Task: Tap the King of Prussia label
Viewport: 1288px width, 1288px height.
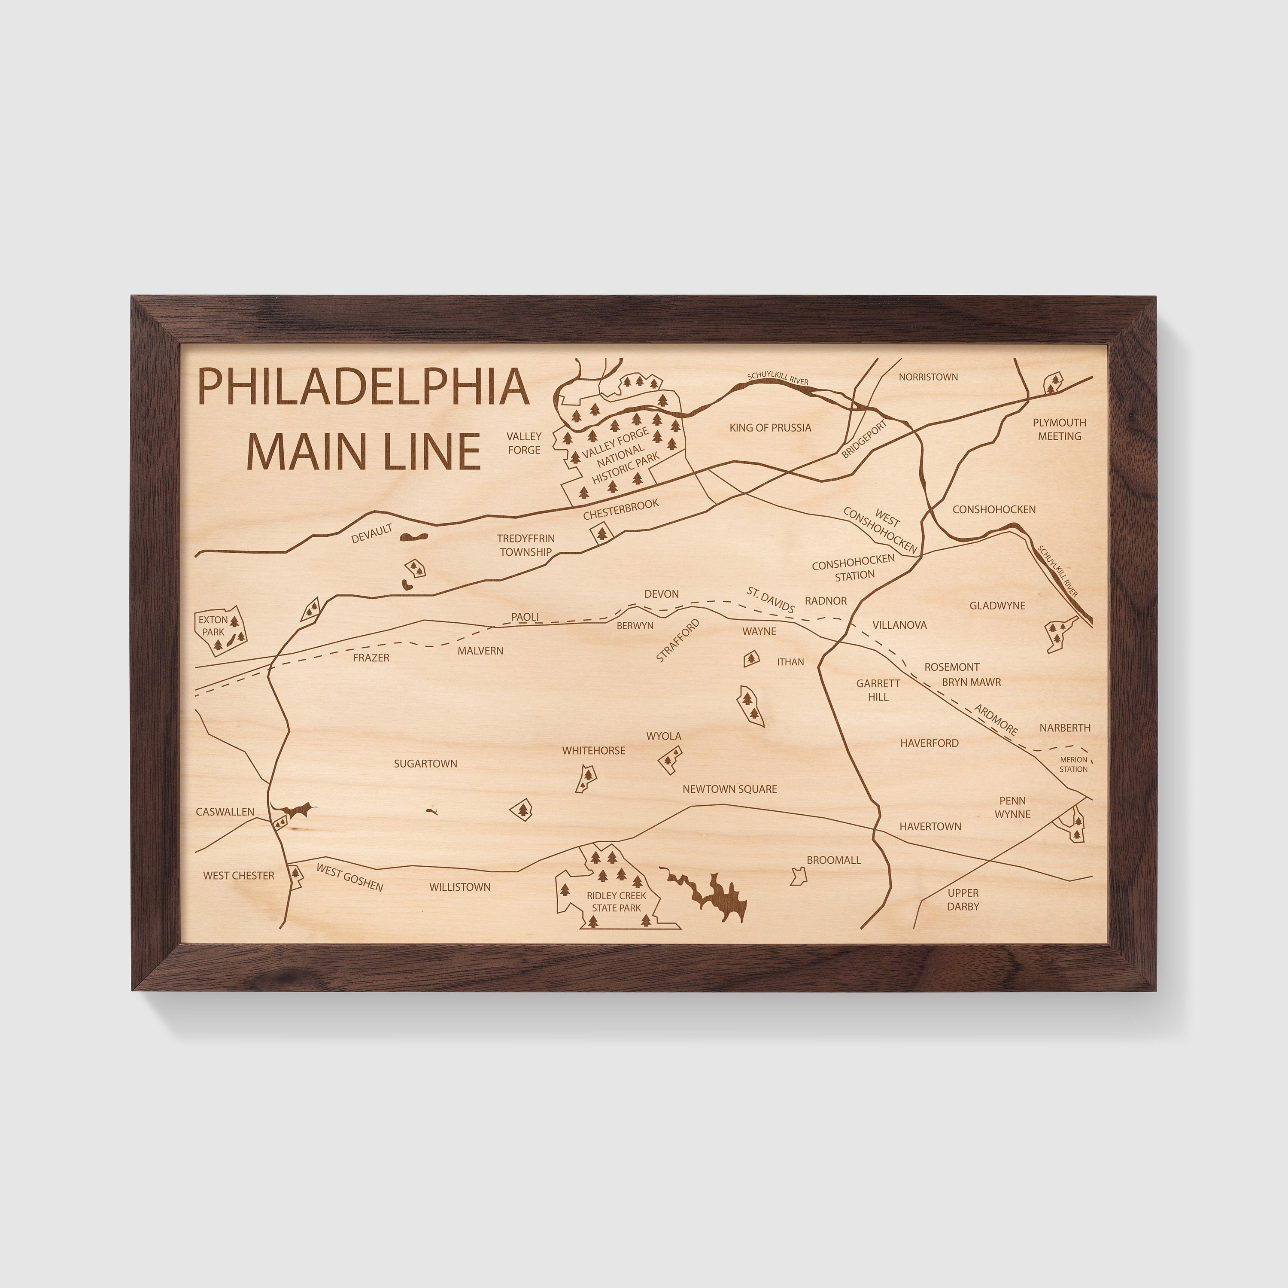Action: tap(770, 428)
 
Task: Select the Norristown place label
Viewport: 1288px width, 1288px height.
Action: tap(928, 377)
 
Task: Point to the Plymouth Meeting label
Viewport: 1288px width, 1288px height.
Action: tap(1059, 429)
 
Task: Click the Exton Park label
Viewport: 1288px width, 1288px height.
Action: tap(213, 626)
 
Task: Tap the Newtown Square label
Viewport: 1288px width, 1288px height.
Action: tap(729, 789)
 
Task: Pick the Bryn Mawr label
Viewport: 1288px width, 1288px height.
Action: tap(971, 682)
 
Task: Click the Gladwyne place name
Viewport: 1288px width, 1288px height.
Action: tap(997, 606)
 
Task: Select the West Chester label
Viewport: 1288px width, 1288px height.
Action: tap(239, 875)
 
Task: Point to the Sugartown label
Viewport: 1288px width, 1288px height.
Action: tap(425, 764)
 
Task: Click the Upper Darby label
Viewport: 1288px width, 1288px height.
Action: tap(963, 899)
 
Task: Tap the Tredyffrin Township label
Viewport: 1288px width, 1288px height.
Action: tap(526, 545)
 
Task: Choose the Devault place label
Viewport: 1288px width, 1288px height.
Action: tap(371, 533)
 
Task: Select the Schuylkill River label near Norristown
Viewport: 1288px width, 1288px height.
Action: tap(778, 378)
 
